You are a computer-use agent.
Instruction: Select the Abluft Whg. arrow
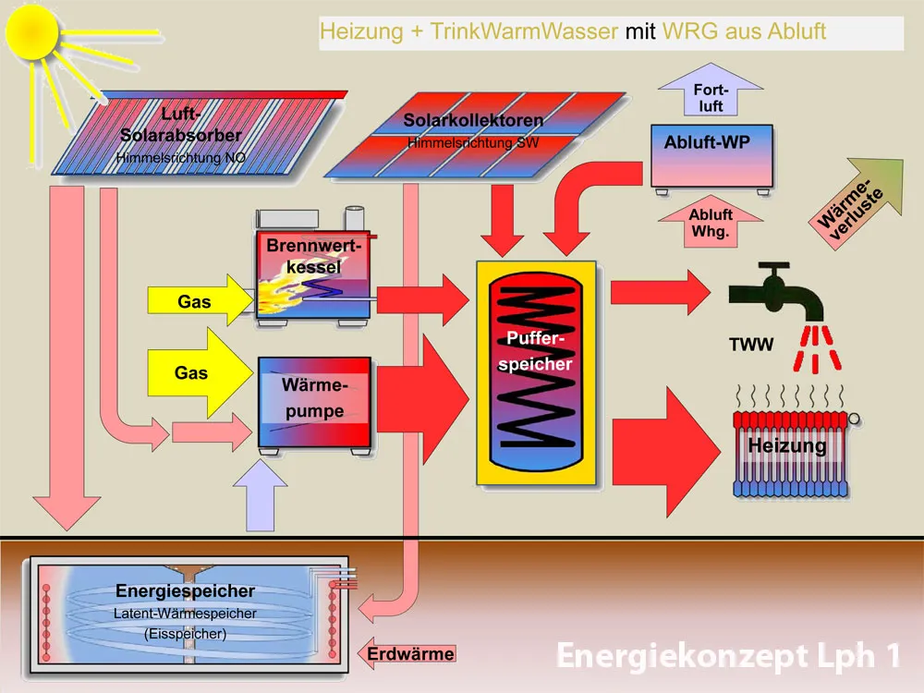click(710, 223)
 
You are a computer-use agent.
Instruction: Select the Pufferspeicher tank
click(536, 370)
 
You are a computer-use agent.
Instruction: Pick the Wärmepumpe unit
click(314, 401)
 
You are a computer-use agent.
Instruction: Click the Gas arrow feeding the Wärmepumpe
click(198, 373)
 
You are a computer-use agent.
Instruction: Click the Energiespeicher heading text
click(185, 591)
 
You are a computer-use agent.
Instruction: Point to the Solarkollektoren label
click(473, 121)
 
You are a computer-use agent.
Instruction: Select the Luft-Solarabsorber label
click(180, 126)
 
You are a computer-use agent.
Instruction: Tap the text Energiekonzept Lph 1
click(727, 656)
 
